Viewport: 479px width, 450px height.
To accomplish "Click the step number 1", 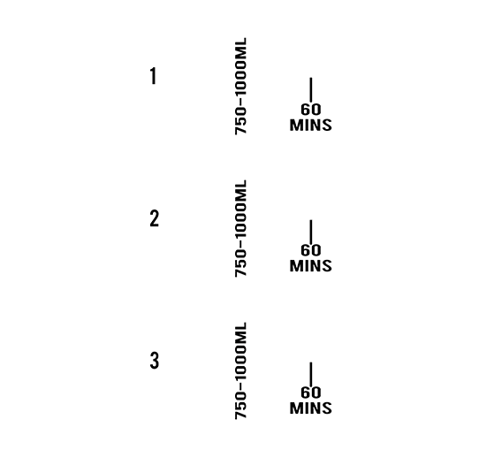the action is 154,76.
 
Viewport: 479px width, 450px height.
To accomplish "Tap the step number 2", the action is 155,218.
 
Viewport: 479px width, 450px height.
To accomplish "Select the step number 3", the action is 155,361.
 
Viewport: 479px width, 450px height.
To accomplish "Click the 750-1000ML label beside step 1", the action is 240,86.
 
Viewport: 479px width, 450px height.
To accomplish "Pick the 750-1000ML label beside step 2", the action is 240,228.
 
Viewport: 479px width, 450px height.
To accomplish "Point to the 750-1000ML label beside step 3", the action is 240,371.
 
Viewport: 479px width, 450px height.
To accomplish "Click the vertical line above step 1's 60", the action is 311,90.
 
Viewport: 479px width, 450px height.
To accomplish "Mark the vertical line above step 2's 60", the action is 311,232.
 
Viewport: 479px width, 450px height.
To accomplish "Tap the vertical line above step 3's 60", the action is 311,375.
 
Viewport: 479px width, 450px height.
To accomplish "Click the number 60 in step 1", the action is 311,110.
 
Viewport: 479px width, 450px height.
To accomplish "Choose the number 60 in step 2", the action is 311,250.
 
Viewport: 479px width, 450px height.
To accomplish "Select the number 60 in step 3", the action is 311,393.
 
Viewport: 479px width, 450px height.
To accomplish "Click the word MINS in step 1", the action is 311,126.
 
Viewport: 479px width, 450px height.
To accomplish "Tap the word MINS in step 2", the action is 311,266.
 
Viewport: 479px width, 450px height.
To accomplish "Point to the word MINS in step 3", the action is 311,408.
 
